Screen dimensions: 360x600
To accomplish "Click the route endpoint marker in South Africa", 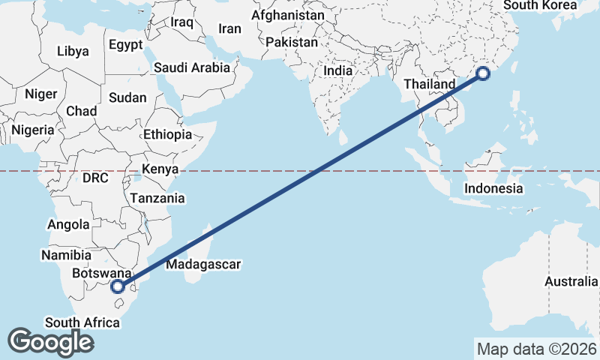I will point(117,286).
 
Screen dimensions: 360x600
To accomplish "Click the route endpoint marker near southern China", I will point(483,73).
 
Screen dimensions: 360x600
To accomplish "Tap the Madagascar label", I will point(203,264).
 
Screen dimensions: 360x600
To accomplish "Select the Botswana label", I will point(102,274).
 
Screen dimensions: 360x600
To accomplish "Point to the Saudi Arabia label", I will point(192,67).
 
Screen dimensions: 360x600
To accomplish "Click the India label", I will point(337,70).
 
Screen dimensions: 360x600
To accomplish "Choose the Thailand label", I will point(430,84).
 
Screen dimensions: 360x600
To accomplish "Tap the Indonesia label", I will point(493,188).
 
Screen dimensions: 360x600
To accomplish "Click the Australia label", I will point(571,281).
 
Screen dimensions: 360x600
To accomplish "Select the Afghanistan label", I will point(288,15).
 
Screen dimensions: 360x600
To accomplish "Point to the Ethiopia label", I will point(167,135).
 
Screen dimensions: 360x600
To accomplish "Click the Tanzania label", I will point(157,199).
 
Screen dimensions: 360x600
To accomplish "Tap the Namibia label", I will point(67,256).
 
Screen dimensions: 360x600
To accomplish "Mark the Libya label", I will point(73,52).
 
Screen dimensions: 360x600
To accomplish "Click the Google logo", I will point(49,342).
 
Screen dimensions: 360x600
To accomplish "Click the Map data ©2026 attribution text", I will point(536,349).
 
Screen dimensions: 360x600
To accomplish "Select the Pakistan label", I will point(292,43).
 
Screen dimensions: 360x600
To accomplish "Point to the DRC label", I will point(95,178).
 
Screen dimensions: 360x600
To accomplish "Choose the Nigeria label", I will point(33,130).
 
